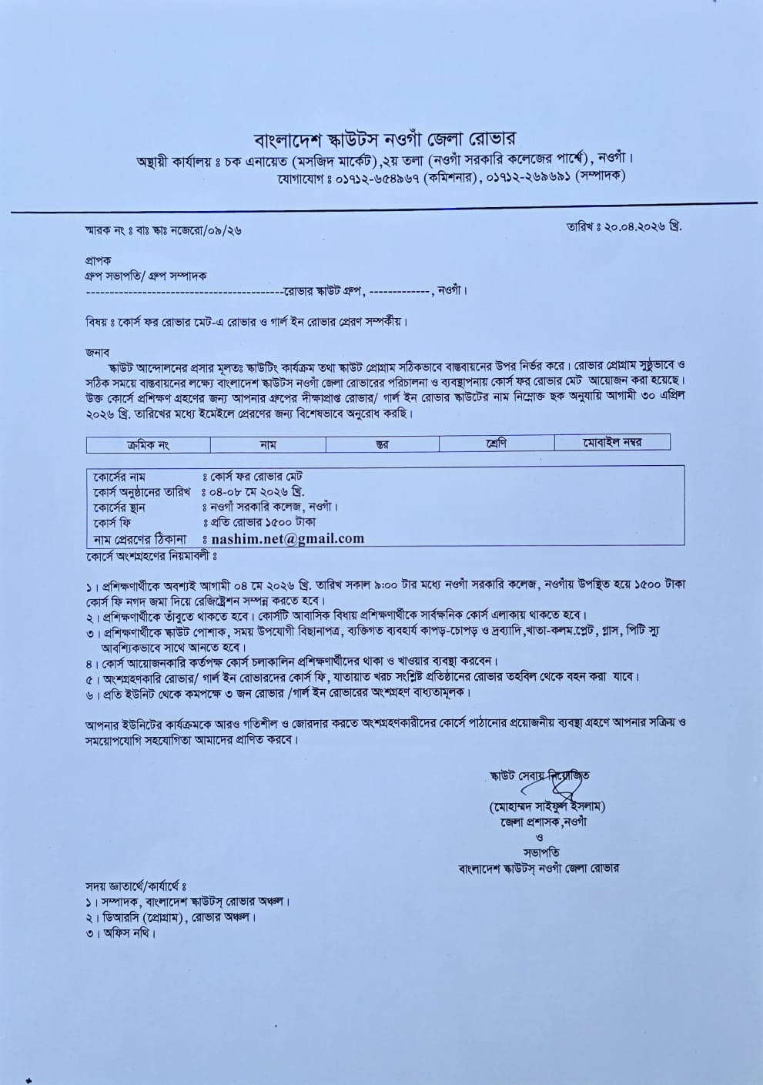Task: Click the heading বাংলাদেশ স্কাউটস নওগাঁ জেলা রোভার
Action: tap(385, 139)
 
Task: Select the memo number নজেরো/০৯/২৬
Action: tap(200, 230)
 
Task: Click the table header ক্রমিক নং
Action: tap(148, 444)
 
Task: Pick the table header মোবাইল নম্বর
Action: tap(612, 442)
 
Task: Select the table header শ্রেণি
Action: tap(496, 444)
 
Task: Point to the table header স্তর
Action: tap(382, 444)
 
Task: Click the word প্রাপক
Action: tap(99, 261)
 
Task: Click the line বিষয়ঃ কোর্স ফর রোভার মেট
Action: tap(246, 321)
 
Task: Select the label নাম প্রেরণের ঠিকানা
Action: tap(142, 538)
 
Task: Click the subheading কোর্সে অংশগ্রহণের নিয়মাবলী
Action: tap(152, 555)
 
